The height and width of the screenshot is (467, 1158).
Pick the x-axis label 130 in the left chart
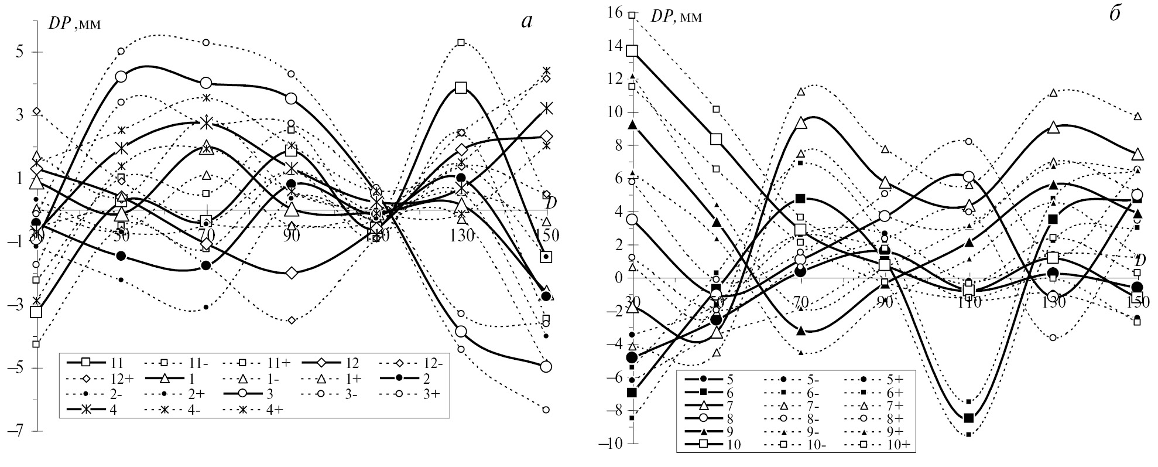tap(461, 236)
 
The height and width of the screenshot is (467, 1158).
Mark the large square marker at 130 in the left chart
tap(461, 88)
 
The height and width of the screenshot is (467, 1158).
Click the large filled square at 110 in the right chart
tap(969, 417)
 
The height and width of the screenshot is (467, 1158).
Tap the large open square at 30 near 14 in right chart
tap(632, 50)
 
